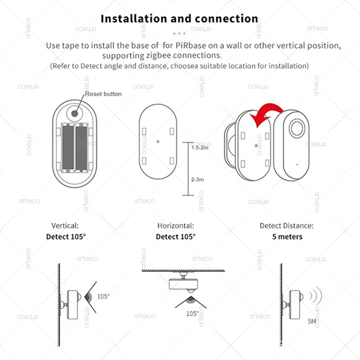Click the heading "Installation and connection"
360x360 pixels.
tap(179, 19)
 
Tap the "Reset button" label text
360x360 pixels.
tap(103, 94)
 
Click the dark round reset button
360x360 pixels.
tap(75, 113)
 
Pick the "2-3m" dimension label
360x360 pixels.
tap(197, 179)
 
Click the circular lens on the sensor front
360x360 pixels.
tap(297, 129)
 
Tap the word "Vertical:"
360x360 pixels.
tap(65, 226)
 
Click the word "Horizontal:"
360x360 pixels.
tap(176, 226)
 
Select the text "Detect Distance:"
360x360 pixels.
tap(287, 226)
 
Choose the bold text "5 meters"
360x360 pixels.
tap(287, 237)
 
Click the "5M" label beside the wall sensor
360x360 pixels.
tap(312, 321)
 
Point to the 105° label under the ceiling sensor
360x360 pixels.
tap(192, 314)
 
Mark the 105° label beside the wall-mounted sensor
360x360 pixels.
tap(104, 297)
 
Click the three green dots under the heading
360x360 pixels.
tap(179, 33)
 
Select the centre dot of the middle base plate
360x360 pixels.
tap(158, 141)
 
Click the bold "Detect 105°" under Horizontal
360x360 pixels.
tap(176, 237)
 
